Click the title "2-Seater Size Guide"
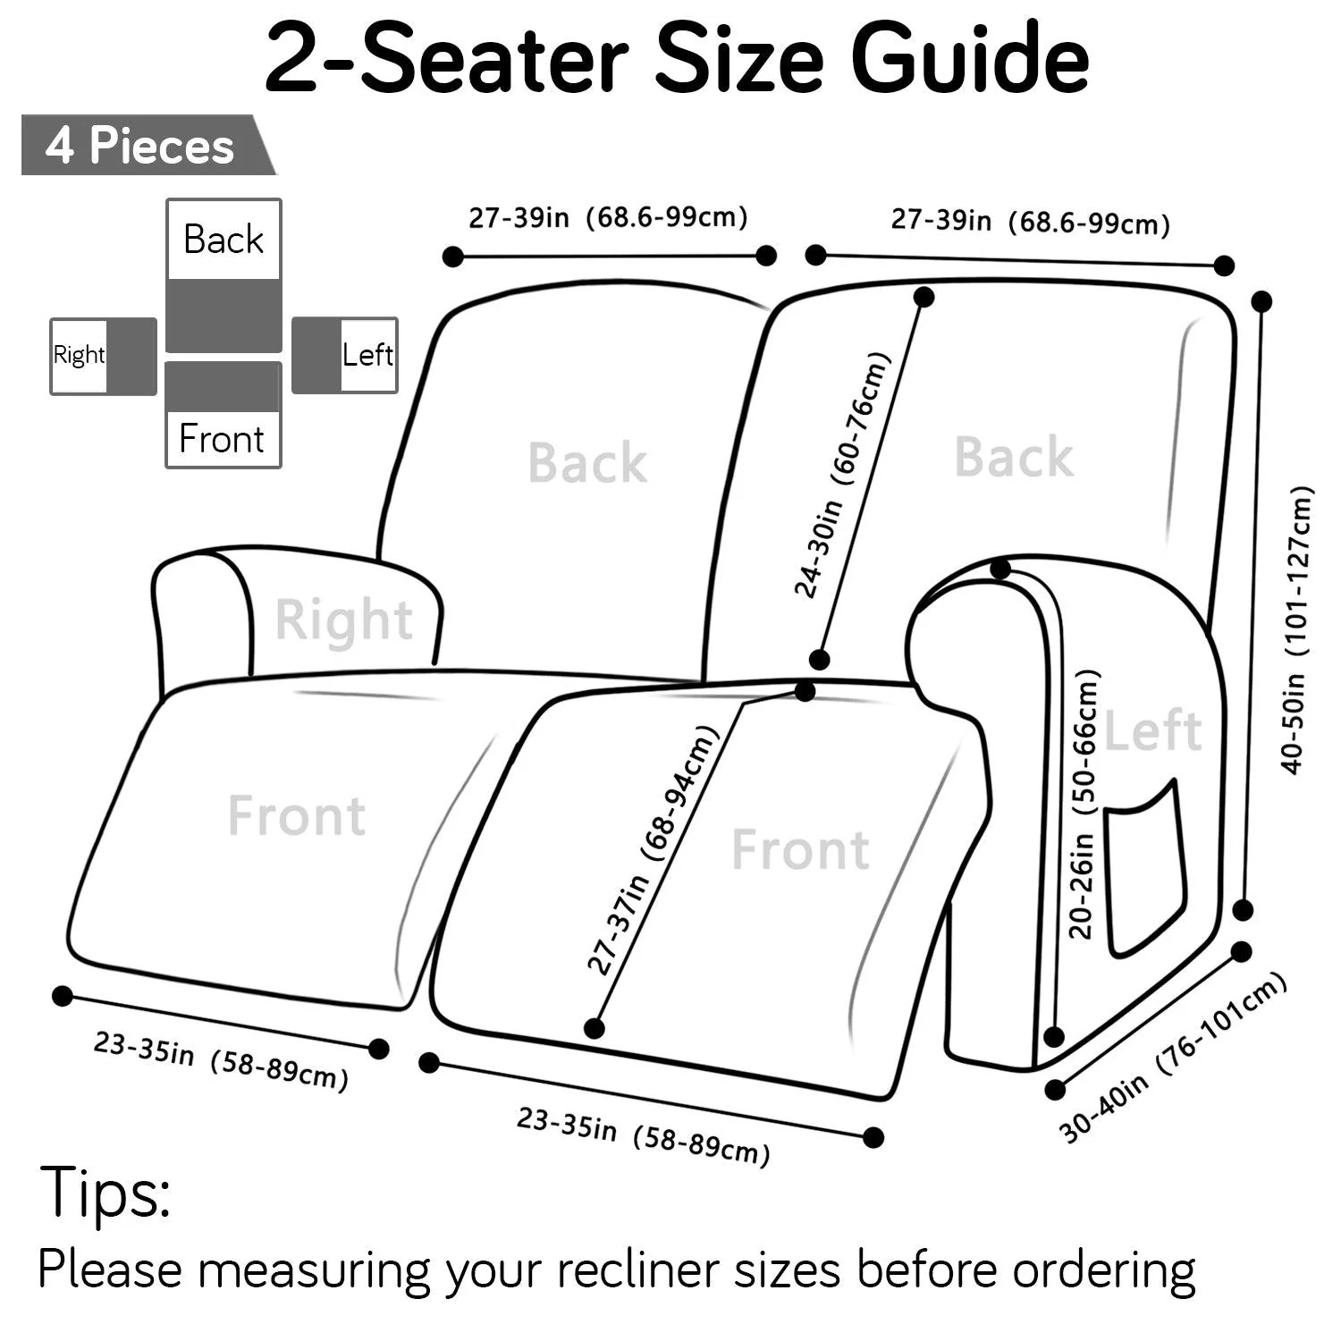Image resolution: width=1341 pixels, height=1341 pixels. click(676, 59)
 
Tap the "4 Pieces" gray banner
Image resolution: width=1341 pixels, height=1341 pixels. click(141, 146)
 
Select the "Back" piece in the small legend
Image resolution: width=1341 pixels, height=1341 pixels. click(223, 275)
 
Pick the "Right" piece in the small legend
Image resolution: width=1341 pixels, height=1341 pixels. click(103, 356)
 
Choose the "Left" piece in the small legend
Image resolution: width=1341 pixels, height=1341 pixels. click(345, 355)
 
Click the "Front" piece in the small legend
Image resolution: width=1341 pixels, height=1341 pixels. click(223, 415)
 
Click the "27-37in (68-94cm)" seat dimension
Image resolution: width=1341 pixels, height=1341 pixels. click(652, 850)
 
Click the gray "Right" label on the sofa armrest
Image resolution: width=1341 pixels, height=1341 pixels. click(343, 620)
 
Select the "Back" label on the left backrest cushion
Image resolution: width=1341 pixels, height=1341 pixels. click(587, 463)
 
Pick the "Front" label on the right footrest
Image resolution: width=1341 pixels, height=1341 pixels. click(800, 849)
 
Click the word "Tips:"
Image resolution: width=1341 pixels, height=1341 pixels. click(105, 1192)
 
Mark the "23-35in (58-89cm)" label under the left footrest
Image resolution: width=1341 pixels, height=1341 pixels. click(221, 1061)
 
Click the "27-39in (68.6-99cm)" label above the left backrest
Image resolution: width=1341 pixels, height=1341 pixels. click(608, 217)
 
